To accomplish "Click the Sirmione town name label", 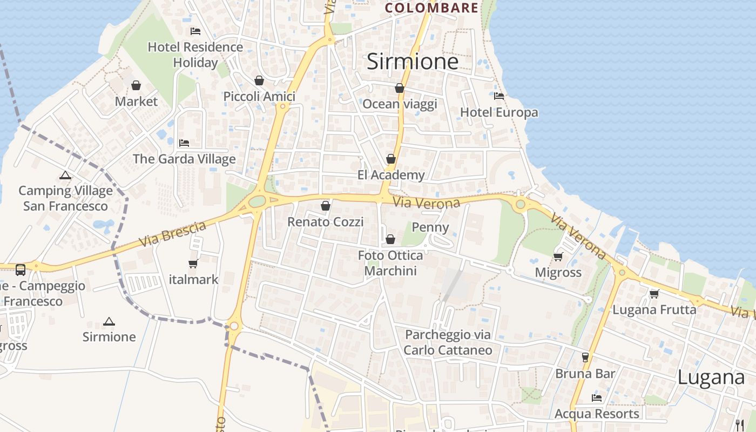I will tap(413, 62).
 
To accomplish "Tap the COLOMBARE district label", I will tap(431, 8).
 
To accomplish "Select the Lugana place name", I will tap(711, 377).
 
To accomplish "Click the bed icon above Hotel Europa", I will tap(499, 96).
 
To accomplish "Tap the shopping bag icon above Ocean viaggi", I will tap(400, 88).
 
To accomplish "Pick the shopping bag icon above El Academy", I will tap(391, 159).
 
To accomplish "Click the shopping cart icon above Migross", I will tap(558, 256).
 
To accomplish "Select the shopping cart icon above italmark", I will tap(193, 264).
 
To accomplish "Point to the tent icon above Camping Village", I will tap(65, 175).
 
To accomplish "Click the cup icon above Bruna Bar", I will tap(585, 357).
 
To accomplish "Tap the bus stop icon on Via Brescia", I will tap(21, 269).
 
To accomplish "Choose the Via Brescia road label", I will tap(172, 233).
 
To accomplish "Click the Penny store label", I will tap(430, 227).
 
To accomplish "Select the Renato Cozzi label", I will tap(325, 221).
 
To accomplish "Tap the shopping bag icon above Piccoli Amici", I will tap(259, 80).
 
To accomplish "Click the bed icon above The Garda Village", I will tap(184, 143).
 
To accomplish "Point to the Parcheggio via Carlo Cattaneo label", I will tap(448, 342).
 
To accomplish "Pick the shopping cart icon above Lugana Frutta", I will tap(654, 294).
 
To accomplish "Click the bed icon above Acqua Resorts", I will tap(597, 398).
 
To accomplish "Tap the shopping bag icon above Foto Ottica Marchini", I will tap(390, 239).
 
